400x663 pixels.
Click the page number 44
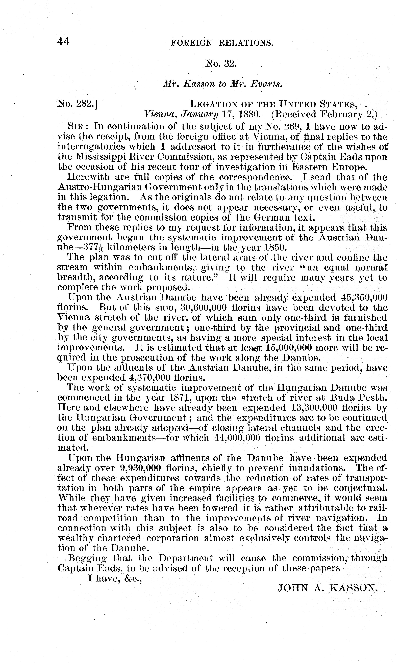pos(64,42)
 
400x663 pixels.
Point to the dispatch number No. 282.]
pos(77,104)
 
